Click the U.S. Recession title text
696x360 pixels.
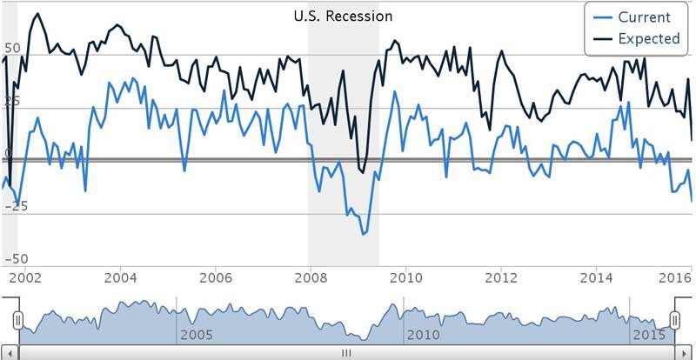341,16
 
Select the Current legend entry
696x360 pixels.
644,17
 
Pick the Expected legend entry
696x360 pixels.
648,38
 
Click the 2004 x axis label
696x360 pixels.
120,277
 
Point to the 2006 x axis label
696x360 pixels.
215,277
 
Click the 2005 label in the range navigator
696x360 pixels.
195,335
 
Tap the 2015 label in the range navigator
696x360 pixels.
648,335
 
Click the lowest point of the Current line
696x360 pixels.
363,234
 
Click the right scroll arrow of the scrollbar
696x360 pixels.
686,353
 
